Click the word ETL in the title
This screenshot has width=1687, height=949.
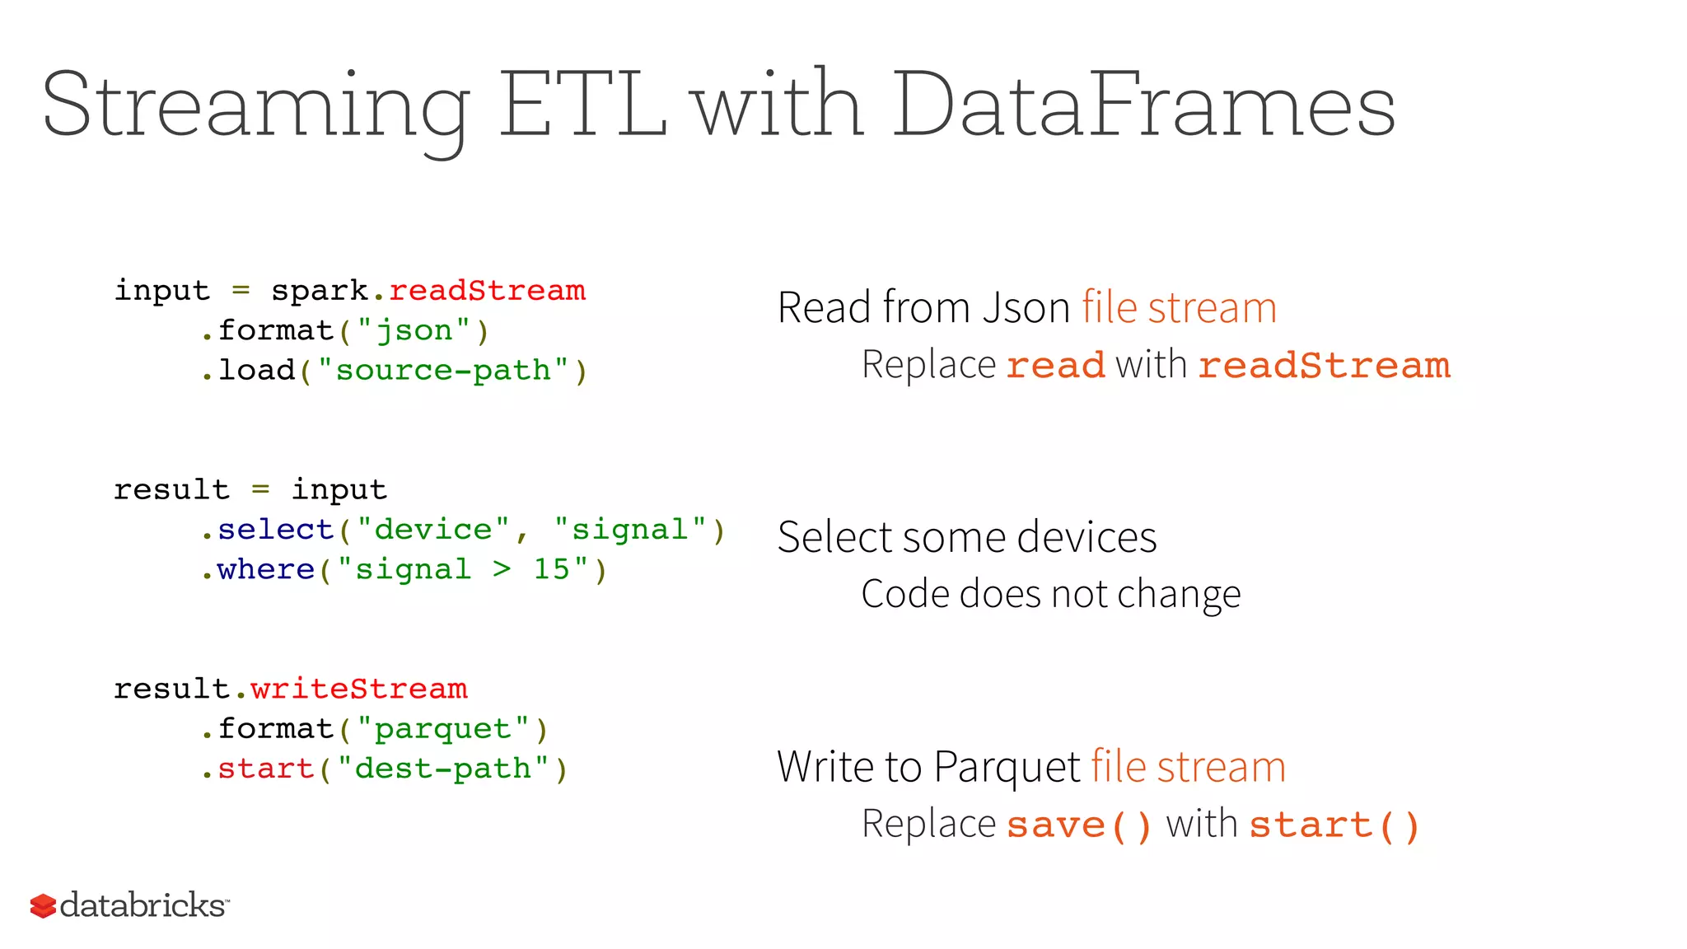click(x=582, y=105)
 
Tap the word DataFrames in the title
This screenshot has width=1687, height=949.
click(x=1143, y=105)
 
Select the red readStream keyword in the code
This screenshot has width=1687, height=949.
click(x=487, y=291)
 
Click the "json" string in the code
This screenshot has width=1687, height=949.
click(x=414, y=331)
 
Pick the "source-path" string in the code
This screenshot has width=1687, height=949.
click(x=443, y=371)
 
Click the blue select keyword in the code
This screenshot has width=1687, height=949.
click(x=276, y=530)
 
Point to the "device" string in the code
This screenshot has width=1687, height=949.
click(x=434, y=530)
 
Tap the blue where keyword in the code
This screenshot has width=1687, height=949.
click(x=266, y=569)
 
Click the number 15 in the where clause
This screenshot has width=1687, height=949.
click(x=551, y=569)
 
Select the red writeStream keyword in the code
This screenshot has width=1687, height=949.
click(x=359, y=689)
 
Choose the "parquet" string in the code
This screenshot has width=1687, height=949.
click(x=443, y=729)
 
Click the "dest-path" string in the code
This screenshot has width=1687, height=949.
click(x=443, y=769)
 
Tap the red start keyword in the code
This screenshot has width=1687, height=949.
click(x=266, y=769)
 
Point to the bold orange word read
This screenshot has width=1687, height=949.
click(x=1055, y=365)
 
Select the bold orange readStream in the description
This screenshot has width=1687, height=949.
click(x=1324, y=365)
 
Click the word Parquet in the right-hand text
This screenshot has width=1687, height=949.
click(x=1007, y=767)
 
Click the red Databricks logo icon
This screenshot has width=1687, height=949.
click(x=43, y=906)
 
